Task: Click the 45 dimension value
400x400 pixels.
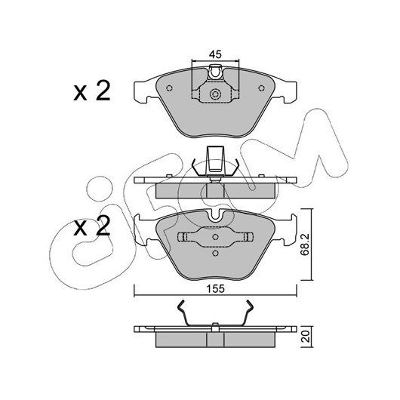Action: (215, 54)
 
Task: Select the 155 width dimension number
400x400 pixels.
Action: (215, 288)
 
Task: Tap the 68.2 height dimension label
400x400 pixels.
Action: (305, 245)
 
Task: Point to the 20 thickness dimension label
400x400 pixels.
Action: (306, 336)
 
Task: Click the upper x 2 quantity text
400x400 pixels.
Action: (92, 91)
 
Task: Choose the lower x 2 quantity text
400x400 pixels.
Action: (92, 226)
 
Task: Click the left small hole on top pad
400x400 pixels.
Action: (169, 88)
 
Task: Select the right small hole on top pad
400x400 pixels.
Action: (261, 88)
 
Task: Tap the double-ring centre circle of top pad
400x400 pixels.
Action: (215, 94)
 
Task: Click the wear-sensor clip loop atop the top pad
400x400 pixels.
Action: (215, 72)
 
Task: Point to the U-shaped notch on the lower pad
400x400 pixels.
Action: (215, 216)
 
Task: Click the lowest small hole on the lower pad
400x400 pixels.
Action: (215, 253)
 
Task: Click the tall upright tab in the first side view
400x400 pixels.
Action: (215, 160)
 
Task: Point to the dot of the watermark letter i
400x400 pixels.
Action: (100, 189)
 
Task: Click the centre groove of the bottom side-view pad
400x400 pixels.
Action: (215, 340)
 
